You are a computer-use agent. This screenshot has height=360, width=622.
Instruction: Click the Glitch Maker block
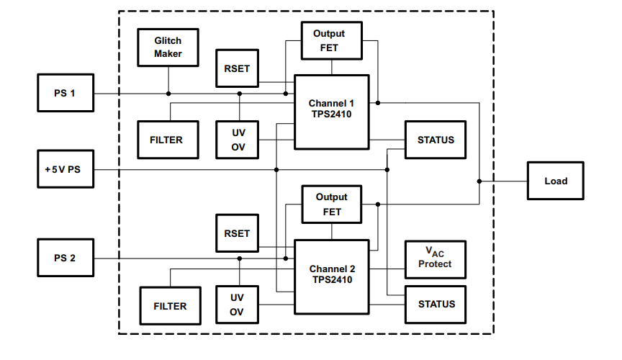(x=168, y=48)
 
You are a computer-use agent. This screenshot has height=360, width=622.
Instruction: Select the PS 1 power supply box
(x=66, y=93)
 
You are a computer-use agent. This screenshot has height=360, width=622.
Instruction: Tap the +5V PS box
(x=66, y=169)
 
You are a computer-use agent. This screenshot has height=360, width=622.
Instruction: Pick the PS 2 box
(x=66, y=258)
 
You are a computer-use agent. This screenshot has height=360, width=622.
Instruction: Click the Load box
(x=555, y=181)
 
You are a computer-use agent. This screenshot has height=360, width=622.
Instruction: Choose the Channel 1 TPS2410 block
(x=331, y=112)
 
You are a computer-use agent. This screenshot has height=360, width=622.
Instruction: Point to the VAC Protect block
(x=436, y=259)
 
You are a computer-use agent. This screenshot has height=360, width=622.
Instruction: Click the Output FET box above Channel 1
(x=331, y=41)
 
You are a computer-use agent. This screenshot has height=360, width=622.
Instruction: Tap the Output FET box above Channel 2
(x=331, y=204)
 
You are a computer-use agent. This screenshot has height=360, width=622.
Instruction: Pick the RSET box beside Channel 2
(x=238, y=233)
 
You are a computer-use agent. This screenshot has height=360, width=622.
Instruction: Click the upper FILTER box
(x=166, y=140)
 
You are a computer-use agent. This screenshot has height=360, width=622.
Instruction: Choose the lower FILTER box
(x=170, y=306)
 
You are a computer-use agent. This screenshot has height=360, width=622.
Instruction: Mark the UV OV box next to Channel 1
(x=238, y=140)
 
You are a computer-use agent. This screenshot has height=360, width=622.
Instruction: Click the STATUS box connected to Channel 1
(x=436, y=140)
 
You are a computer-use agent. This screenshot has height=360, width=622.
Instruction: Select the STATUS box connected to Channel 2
(x=436, y=304)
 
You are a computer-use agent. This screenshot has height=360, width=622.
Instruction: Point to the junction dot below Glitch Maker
(x=168, y=94)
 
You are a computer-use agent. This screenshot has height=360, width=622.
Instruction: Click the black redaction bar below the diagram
(x=307, y=351)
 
